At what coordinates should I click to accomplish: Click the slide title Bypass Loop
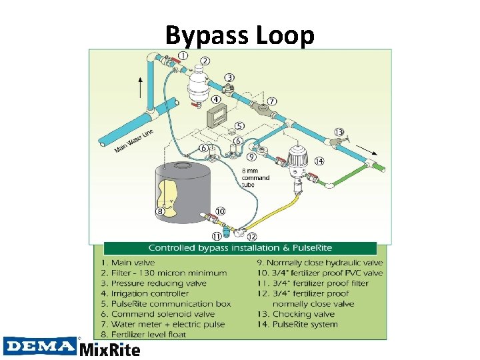pyautogui.click(x=239, y=35)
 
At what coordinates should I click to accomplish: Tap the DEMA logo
pyautogui.click(x=40, y=345)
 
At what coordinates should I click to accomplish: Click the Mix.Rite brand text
pyautogui.click(x=110, y=349)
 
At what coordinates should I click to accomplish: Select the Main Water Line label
pyautogui.click(x=134, y=139)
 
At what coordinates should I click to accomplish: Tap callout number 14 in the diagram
pyautogui.click(x=319, y=161)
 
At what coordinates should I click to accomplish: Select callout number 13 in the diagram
pyautogui.click(x=339, y=131)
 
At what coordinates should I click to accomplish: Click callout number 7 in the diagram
pyautogui.click(x=272, y=101)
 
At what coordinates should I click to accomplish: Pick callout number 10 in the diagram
pyautogui.click(x=220, y=211)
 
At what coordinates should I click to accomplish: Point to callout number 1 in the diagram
pyautogui.click(x=182, y=55)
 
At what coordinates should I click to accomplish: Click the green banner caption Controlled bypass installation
pyautogui.click(x=239, y=247)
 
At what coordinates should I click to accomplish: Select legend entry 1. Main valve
pyautogui.click(x=137, y=263)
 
